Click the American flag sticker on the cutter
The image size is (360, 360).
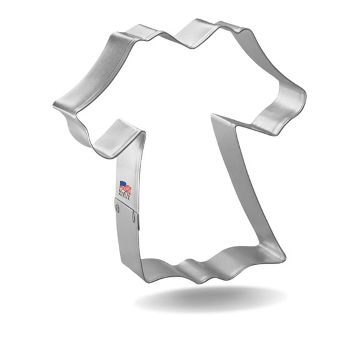click(x=126, y=190)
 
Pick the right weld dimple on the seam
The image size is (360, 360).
click(x=136, y=217)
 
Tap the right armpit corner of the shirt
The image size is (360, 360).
click(x=216, y=116)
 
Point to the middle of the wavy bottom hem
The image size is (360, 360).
click(x=200, y=266)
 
